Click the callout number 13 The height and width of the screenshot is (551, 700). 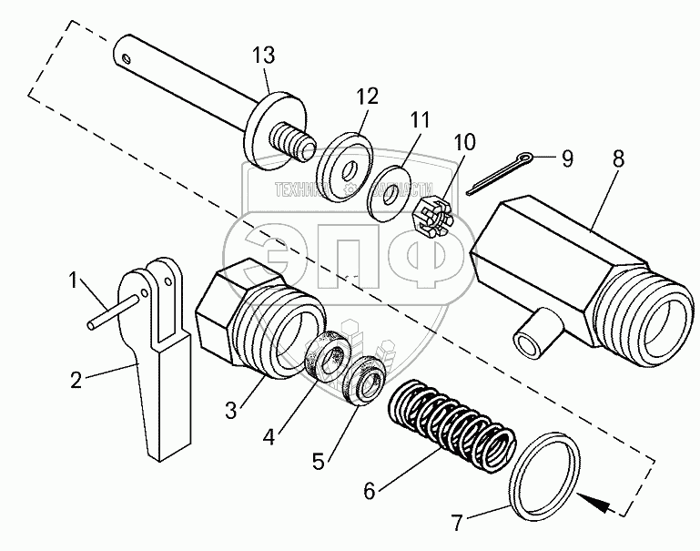[263, 56]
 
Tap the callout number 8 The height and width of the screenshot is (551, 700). [618, 158]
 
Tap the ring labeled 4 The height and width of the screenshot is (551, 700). [323, 356]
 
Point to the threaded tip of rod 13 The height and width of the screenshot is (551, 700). [296, 141]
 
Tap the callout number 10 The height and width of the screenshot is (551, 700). [463, 144]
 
